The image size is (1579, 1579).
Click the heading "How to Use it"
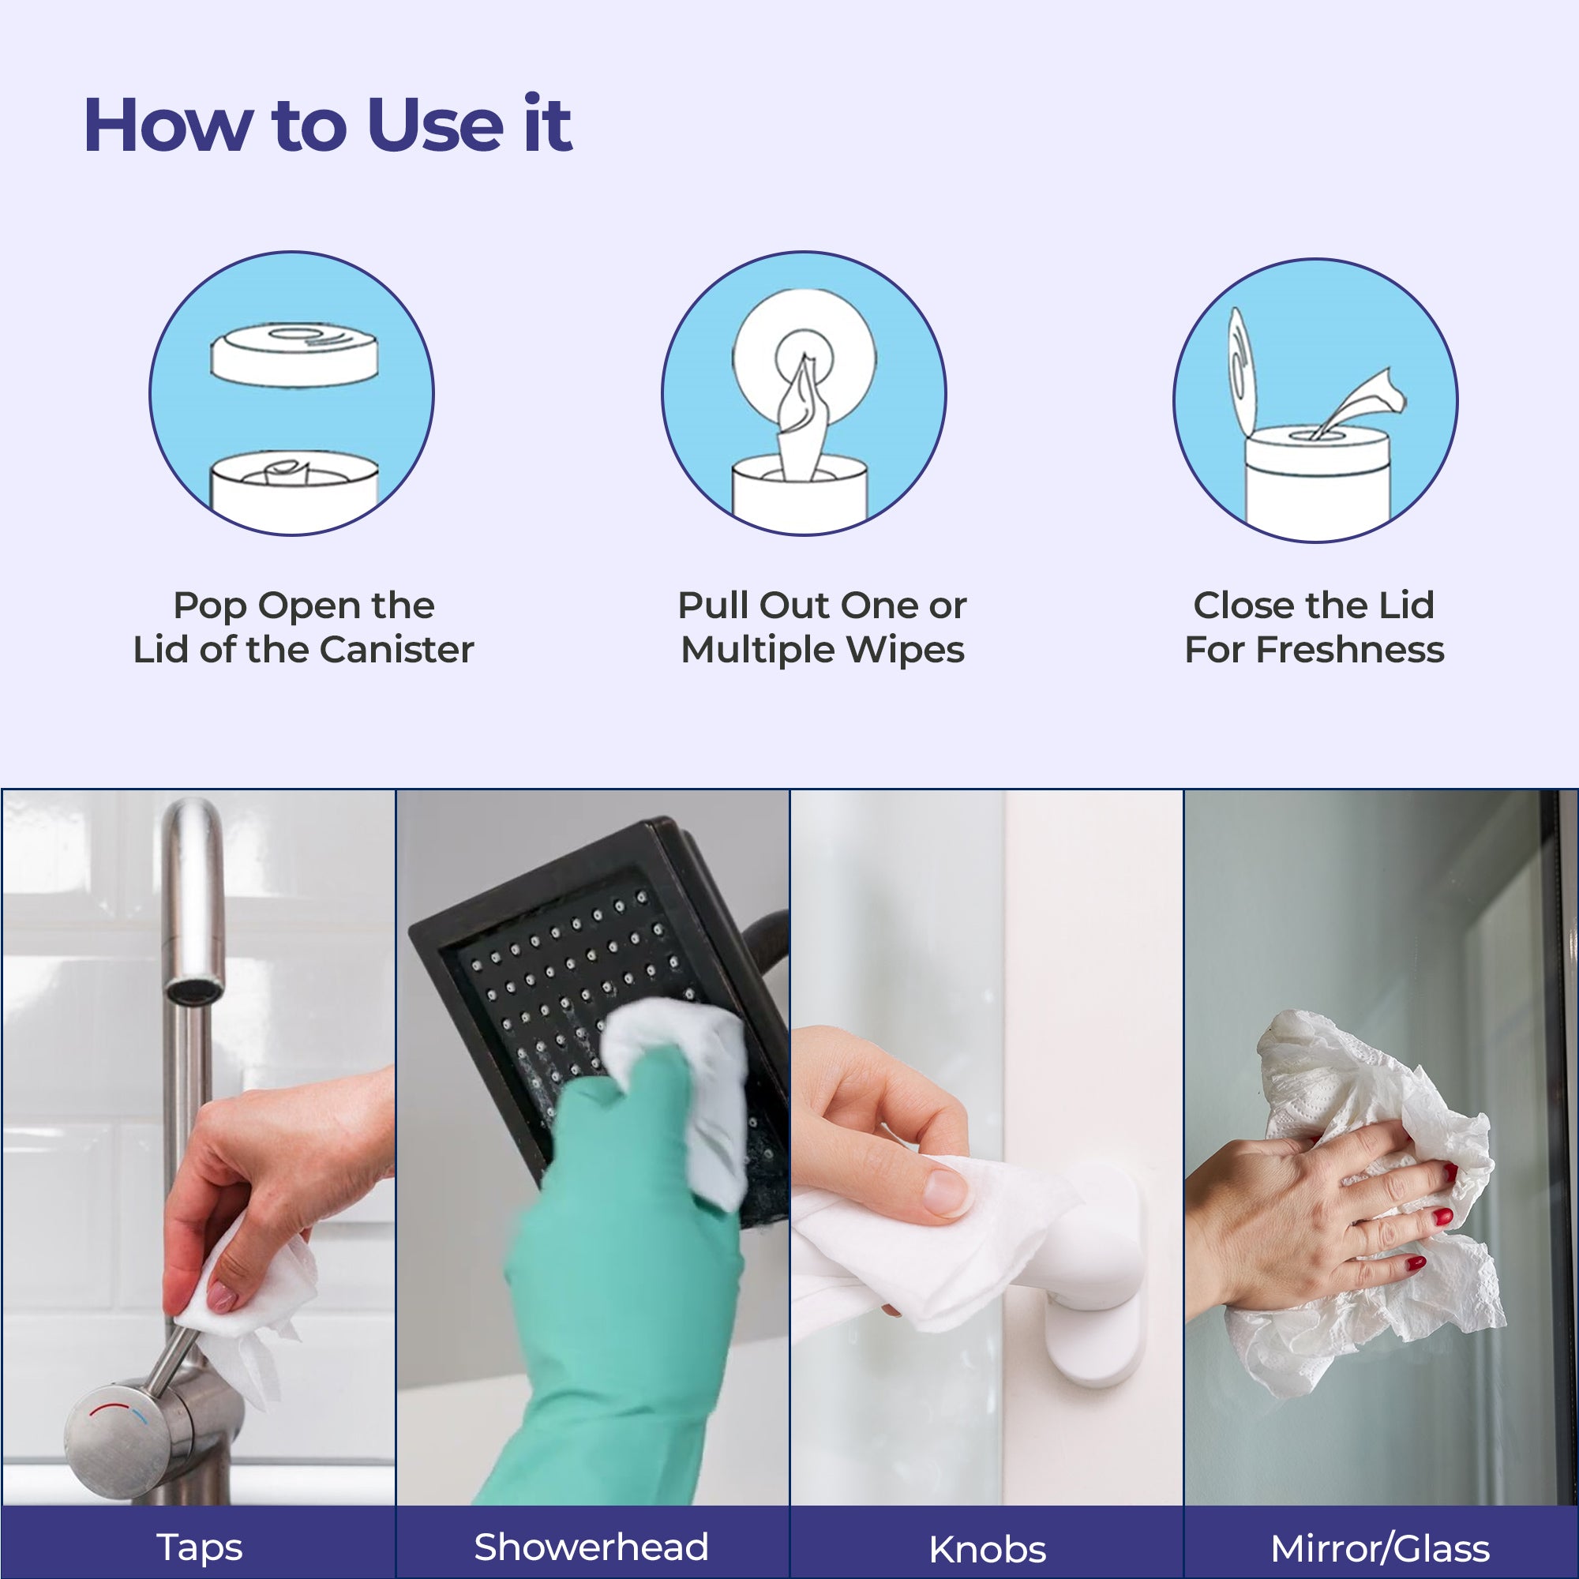click(x=328, y=125)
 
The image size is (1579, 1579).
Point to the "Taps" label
click(x=199, y=1547)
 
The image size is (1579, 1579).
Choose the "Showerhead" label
click(x=591, y=1547)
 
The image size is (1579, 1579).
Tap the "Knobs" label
click(x=988, y=1549)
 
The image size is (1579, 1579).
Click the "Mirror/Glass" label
click(x=1379, y=1548)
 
